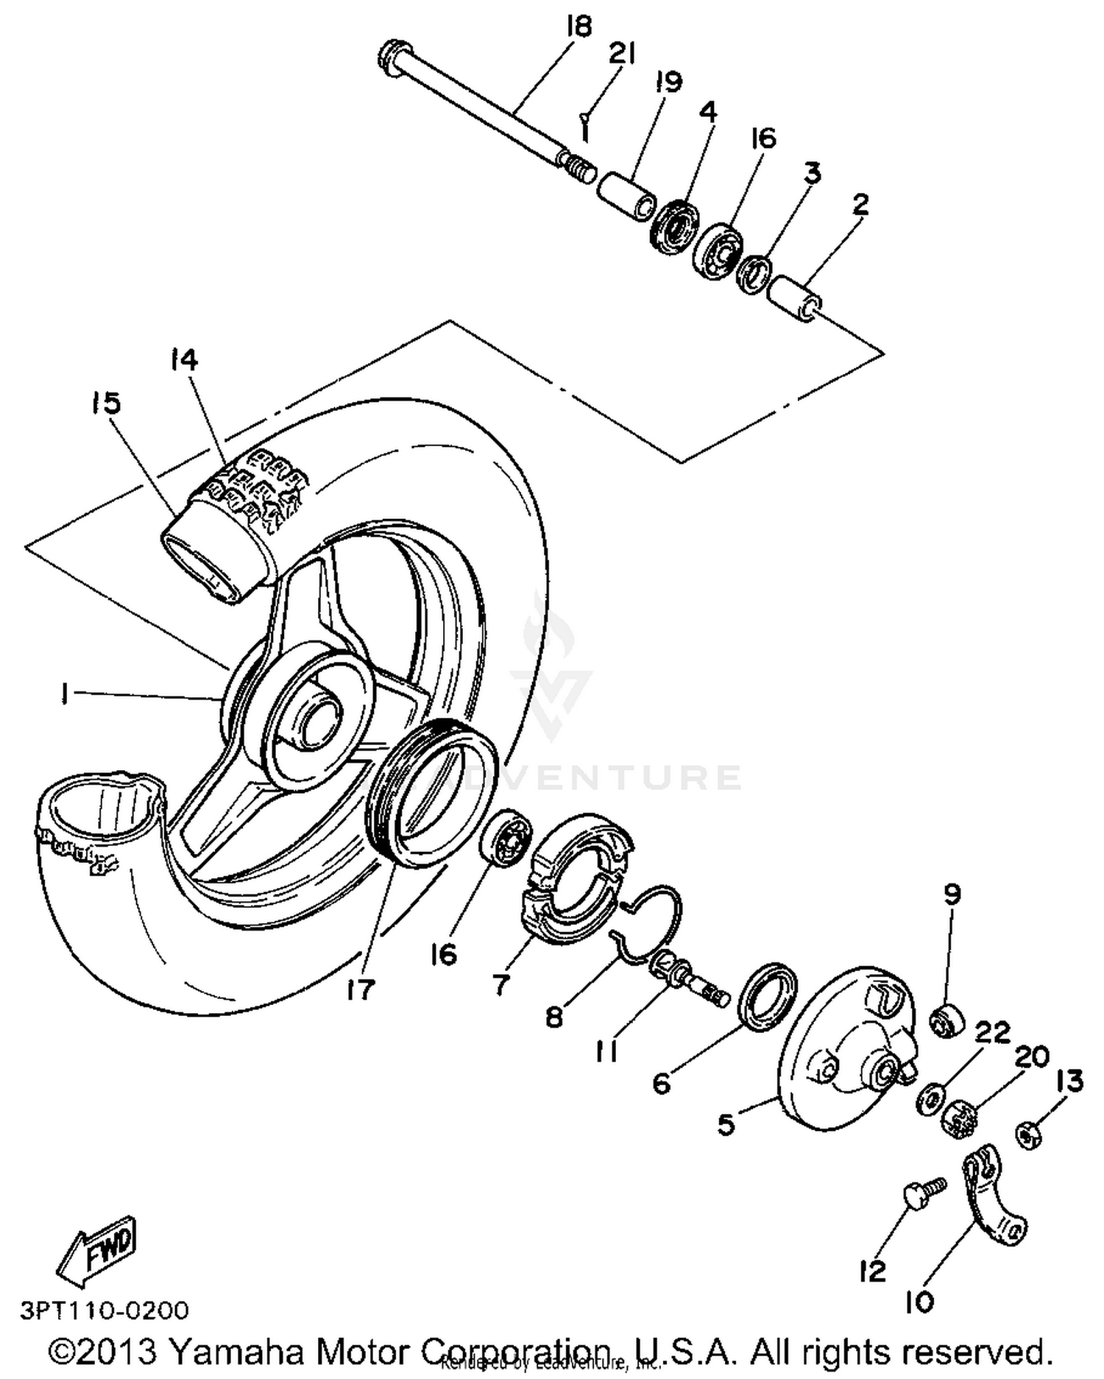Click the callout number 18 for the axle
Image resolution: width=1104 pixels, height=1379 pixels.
tap(579, 27)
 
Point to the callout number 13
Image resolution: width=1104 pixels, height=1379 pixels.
tap(1069, 1081)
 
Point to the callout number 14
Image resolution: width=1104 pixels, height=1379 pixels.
tap(184, 361)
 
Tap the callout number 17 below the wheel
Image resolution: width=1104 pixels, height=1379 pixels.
tap(363, 989)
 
